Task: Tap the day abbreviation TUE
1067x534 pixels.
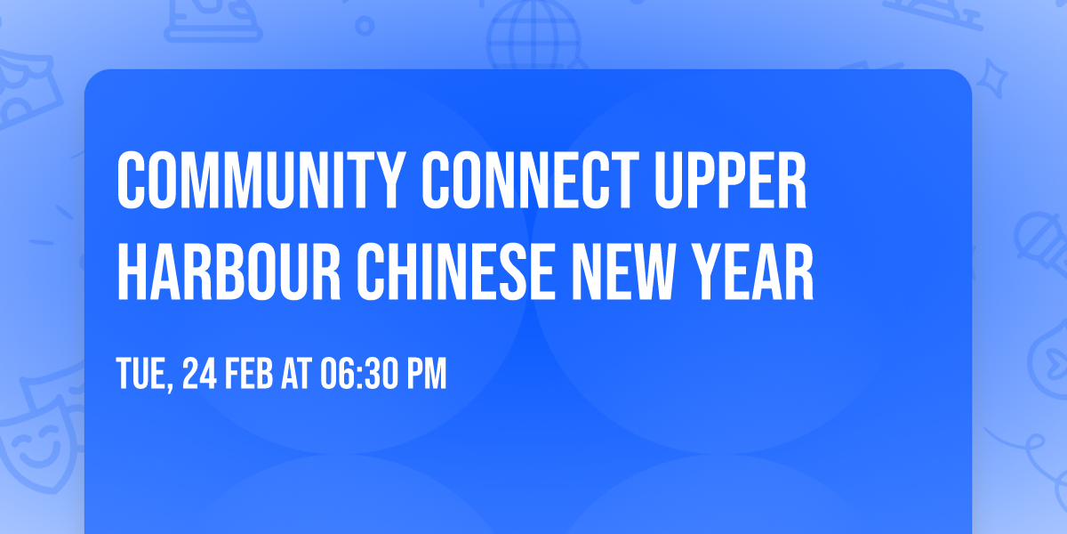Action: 142,375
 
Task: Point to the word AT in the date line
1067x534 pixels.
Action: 299,375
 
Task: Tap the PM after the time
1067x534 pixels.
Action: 426,375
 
